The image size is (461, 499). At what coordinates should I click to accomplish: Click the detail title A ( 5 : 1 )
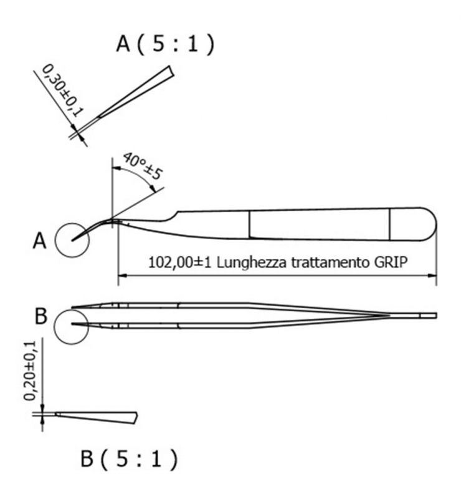[x=165, y=44]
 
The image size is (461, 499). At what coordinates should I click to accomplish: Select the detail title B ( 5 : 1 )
[x=129, y=459]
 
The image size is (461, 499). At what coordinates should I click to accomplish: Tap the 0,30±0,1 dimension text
[x=63, y=90]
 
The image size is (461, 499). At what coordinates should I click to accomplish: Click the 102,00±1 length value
[x=180, y=263]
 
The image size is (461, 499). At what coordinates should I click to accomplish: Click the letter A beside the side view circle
[x=39, y=241]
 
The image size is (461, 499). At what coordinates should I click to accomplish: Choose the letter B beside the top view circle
[x=40, y=317]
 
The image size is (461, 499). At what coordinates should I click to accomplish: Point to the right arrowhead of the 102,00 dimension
[x=433, y=276]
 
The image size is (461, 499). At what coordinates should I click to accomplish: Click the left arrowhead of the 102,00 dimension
[x=122, y=276]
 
